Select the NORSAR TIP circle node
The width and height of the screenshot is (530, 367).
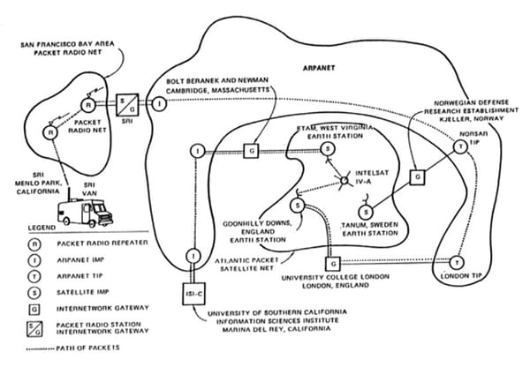459,148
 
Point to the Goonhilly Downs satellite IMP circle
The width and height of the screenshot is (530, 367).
298,206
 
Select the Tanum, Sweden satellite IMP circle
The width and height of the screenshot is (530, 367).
366,212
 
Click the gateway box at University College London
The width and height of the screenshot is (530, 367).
332,263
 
